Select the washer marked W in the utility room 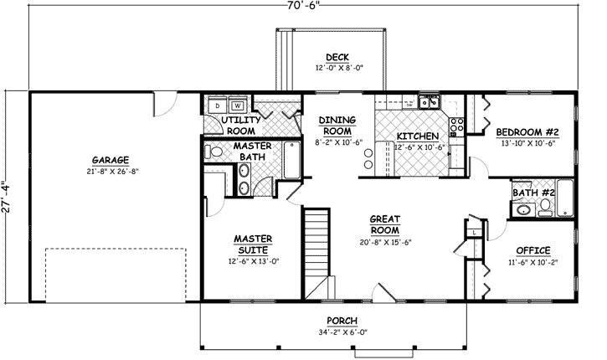tap(238, 106)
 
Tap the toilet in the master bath tap(213, 152)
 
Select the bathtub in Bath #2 tap(565, 197)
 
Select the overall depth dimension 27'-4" tap(8, 198)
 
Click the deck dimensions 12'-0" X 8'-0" tap(338, 68)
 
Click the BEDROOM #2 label tap(527, 132)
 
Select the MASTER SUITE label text tap(250, 244)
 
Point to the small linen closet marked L tap(474, 232)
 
